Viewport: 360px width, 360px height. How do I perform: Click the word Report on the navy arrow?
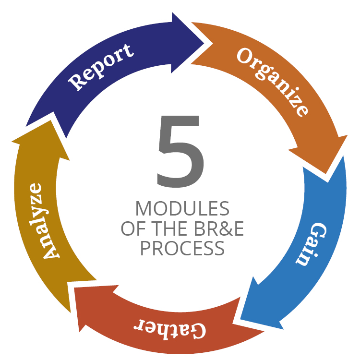(101, 67)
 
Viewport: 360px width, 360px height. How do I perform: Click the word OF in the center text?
(133, 228)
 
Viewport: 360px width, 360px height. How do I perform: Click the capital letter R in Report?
(77, 83)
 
